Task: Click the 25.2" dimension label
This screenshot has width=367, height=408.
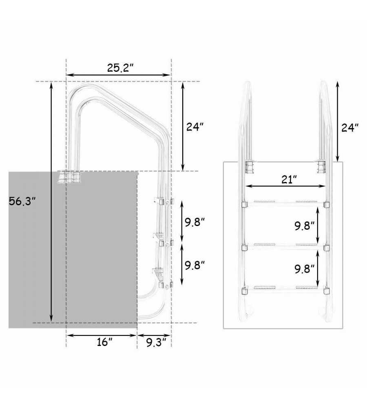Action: (x=120, y=68)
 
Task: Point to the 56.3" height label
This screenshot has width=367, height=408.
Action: (x=22, y=201)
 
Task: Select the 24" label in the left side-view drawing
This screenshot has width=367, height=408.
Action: (x=195, y=127)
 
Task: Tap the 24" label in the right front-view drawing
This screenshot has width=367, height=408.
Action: (x=350, y=128)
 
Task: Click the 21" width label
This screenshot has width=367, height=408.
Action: (x=290, y=180)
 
